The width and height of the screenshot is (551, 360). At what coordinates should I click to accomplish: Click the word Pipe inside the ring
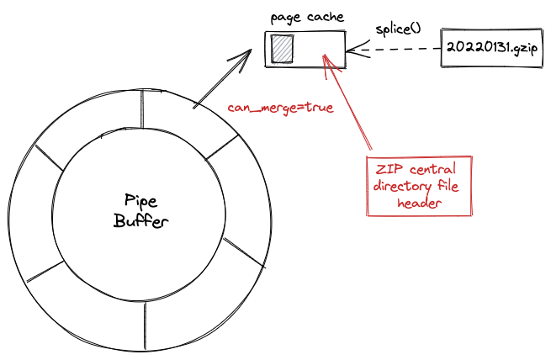pos(141,201)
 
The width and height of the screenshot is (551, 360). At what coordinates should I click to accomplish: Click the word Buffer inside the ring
pos(141,221)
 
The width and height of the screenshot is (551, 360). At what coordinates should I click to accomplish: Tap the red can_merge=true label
pos(280,108)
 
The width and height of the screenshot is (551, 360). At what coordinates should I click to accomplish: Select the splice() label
pos(398,29)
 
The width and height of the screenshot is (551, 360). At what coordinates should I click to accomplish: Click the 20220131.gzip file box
pos(491,47)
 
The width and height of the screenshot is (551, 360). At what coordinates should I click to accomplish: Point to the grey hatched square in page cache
pos(282,49)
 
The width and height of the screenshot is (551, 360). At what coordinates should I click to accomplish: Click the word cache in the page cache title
pos(326,17)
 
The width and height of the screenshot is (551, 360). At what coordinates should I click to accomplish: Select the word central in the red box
pos(432,169)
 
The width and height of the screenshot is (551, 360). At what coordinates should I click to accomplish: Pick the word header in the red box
pos(419,203)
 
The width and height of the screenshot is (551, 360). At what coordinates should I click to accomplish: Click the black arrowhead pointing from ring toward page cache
pos(241,59)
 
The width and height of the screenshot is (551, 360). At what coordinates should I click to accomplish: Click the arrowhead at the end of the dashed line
pos(358,50)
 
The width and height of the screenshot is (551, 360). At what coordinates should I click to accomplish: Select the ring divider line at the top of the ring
pos(142,109)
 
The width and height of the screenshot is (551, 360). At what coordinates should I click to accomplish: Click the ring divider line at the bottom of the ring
pos(145,326)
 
